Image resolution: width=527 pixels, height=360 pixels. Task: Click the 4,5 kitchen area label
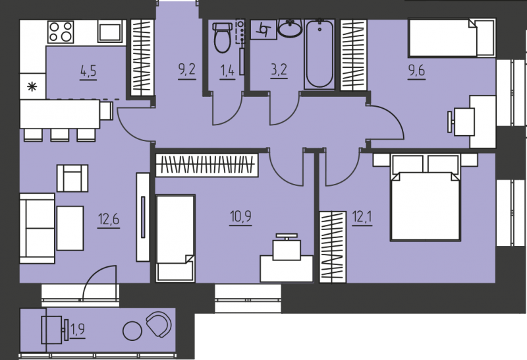[88, 71]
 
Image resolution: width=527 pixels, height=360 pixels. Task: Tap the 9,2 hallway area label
[186, 71]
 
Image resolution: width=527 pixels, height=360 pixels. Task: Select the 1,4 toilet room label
[227, 71]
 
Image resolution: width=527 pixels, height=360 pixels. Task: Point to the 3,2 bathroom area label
[279, 70]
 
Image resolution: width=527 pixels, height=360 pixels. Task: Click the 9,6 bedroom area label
[416, 71]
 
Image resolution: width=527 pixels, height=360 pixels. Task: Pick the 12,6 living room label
[109, 220]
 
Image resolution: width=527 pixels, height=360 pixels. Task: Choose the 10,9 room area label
[240, 217]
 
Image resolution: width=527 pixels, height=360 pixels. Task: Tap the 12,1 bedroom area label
[362, 217]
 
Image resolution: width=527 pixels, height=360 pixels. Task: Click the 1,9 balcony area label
[78, 330]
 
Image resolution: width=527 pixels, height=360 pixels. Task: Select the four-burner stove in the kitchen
[61, 32]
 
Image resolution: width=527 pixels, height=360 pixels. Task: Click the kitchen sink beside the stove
[109, 32]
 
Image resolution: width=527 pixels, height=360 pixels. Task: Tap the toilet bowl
[223, 38]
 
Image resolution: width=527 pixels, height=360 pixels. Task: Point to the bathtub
[319, 54]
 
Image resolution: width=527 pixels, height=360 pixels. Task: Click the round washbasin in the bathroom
[290, 28]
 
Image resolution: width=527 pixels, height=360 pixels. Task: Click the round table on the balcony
[132, 331]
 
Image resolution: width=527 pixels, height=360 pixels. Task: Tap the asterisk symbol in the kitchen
[32, 87]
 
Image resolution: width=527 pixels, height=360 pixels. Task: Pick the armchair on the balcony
[159, 324]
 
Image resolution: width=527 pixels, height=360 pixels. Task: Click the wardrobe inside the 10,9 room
[207, 165]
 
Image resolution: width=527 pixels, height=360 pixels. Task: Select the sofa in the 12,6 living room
[37, 228]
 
